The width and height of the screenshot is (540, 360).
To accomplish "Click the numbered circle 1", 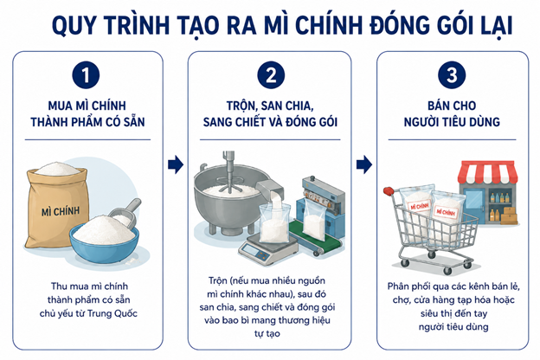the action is (86, 74).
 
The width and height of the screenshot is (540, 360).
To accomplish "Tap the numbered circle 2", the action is (271, 74).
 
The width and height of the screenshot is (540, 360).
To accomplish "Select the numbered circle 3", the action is (452, 74).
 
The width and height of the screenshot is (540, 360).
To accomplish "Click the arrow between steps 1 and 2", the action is (176, 164).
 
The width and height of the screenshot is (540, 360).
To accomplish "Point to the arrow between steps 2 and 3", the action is (364, 164).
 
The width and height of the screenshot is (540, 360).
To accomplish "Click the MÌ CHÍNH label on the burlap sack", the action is (61, 211).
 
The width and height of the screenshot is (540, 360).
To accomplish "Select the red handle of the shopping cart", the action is (389, 190).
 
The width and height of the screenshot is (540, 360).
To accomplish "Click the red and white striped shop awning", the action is (487, 171).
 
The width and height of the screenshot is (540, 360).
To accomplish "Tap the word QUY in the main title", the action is (73, 25).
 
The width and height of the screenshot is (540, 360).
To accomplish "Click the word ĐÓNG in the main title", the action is (402, 25).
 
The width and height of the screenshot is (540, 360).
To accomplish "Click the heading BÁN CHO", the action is (452, 106).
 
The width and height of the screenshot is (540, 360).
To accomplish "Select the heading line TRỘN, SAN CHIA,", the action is (270, 106).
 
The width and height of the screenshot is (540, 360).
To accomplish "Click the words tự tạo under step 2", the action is (267, 334).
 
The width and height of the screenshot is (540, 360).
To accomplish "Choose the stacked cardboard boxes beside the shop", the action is (509, 215).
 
